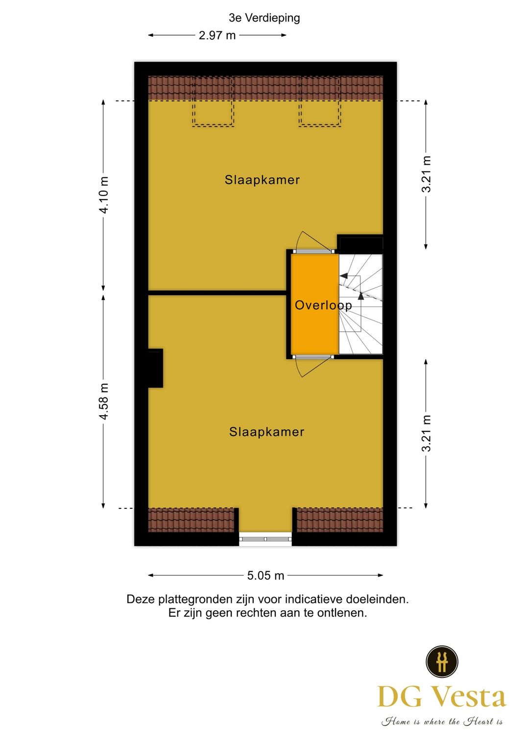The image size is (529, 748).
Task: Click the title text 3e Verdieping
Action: click(264, 18)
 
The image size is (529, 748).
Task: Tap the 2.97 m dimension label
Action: click(217, 35)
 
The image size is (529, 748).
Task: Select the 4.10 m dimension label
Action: click(104, 195)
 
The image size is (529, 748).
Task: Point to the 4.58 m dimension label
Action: click(104, 401)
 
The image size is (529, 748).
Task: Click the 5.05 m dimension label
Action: click(265, 575)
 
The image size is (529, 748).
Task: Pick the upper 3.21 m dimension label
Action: click(426, 174)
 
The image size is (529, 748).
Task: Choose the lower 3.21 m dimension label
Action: click(426, 433)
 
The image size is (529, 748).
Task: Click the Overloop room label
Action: click(323, 305)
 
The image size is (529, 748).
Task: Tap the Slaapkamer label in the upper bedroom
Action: click(262, 180)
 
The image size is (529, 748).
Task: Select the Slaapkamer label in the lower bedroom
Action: click(266, 432)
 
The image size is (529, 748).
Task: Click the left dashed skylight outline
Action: click(213, 101)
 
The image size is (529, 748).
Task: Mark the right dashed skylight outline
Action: click(320, 101)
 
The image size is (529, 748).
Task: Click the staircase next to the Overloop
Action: click(361, 304)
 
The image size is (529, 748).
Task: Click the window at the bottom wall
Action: click(265, 539)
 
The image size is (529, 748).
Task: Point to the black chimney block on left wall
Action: click(155, 368)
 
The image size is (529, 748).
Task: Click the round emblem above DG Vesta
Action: click(442, 661)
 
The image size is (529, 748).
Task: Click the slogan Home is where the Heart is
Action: click(442, 722)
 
